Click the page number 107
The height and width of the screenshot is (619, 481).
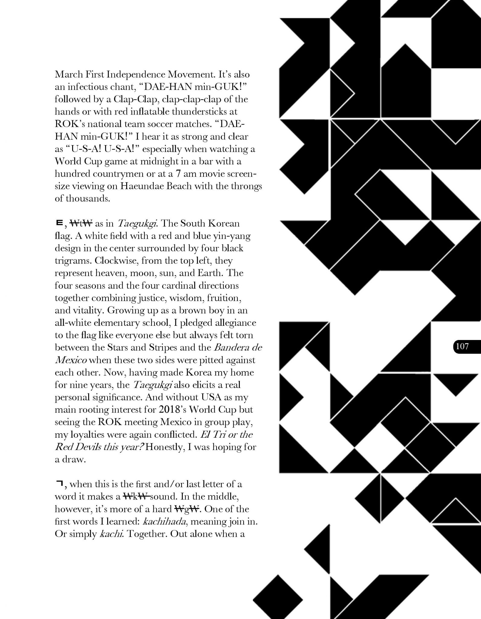coord(462,346)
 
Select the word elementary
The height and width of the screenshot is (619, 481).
coord(116,323)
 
